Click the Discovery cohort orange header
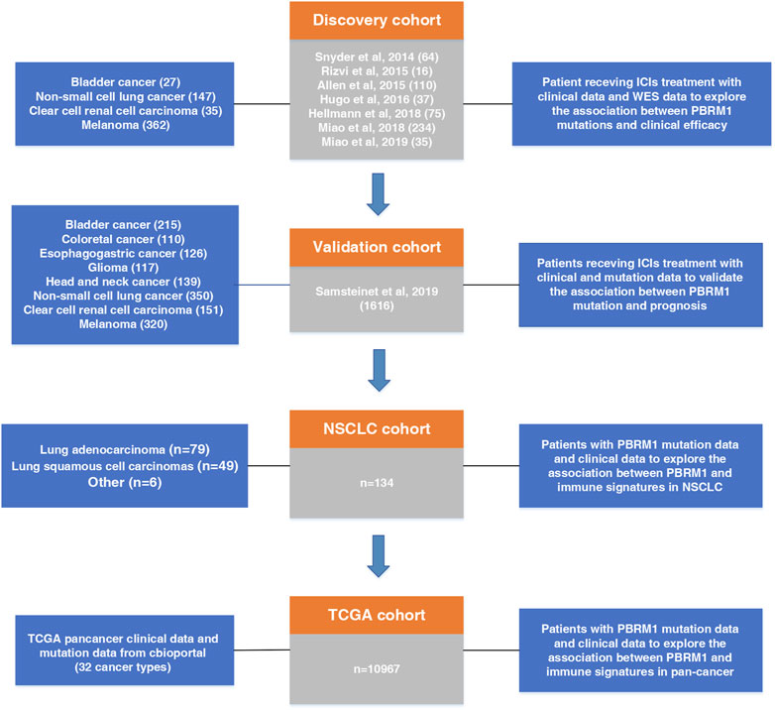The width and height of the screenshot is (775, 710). pos(387,21)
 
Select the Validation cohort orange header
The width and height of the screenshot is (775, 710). pos(387,247)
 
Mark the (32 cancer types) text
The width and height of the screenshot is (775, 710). pos(126,671)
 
